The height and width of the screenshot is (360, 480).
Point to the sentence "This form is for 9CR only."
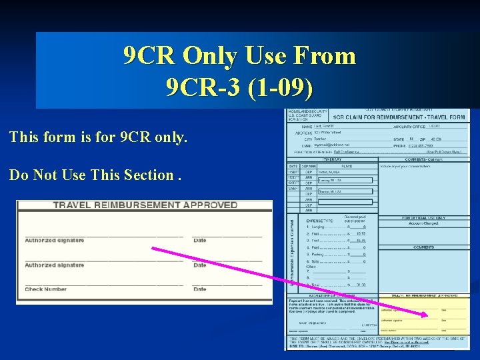[x=99, y=138]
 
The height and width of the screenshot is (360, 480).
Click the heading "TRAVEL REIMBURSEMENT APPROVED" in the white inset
[x=145, y=205]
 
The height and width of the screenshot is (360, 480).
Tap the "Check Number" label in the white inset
[x=46, y=289]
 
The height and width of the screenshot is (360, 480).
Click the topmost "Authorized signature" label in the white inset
[x=55, y=240]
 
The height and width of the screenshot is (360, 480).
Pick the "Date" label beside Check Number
[x=200, y=289]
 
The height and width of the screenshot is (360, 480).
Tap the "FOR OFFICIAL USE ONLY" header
[x=424, y=218]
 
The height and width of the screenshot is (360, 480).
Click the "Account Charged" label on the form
[x=424, y=224]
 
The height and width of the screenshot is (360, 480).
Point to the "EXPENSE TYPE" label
[x=320, y=221]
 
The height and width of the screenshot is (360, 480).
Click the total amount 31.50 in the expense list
[x=360, y=285]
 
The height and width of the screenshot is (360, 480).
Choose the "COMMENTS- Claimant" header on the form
[x=424, y=159]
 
